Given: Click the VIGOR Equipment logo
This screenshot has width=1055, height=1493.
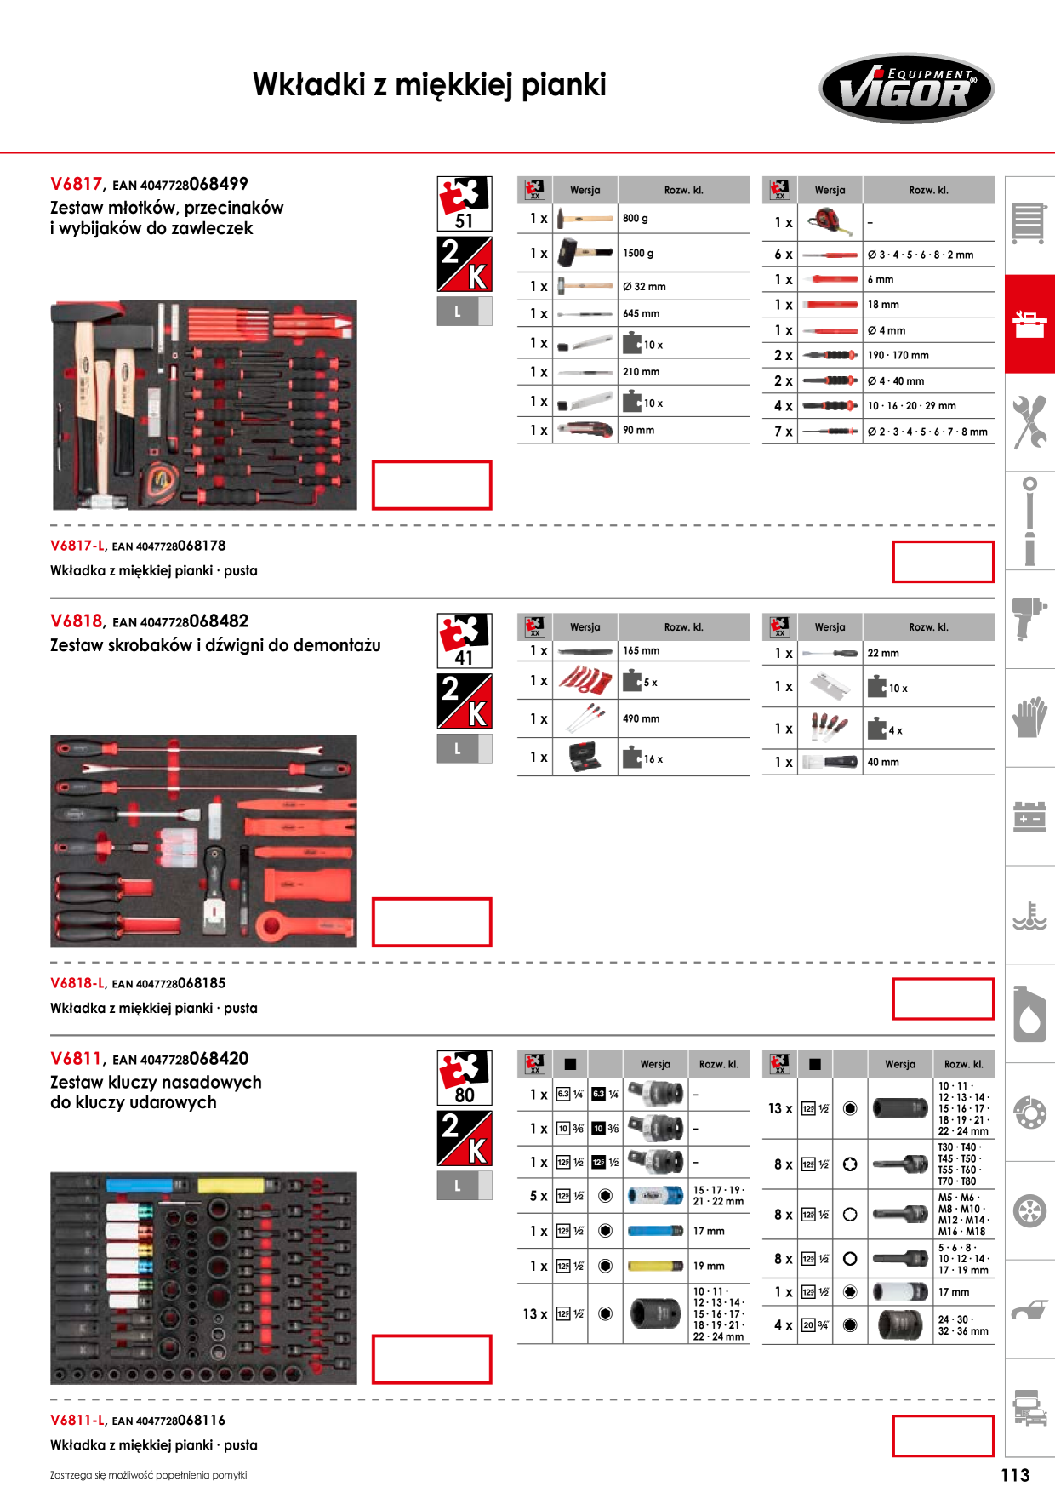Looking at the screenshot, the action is pyautogui.click(x=906, y=89).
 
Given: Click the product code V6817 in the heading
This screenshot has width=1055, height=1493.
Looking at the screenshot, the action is pyautogui.click(x=76, y=184).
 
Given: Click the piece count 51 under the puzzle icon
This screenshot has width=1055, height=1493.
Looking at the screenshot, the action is pyautogui.click(x=464, y=221).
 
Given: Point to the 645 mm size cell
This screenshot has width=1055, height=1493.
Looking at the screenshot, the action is pyautogui.click(x=641, y=313).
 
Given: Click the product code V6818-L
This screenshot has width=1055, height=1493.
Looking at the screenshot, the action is pyautogui.click(x=77, y=983).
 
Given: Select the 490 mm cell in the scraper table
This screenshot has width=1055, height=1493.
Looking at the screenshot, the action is pyautogui.click(x=641, y=718).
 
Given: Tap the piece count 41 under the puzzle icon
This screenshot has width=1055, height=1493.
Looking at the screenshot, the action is pyautogui.click(x=464, y=658).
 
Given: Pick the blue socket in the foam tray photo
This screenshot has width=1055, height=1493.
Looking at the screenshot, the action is pyautogui.click(x=140, y=1185).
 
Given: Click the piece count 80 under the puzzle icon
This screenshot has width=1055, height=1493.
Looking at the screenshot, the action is pyautogui.click(x=464, y=1095).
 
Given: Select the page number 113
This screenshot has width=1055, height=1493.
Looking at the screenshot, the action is pyautogui.click(x=1015, y=1475).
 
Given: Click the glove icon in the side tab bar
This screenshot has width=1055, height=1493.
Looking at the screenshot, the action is pyautogui.click(x=1029, y=717).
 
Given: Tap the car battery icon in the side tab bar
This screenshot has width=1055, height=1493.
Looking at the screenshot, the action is pyautogui.click(x=1029, y=816).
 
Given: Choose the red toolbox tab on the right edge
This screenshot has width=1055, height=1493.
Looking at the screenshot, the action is pyautogui.click(x=1029, y=323).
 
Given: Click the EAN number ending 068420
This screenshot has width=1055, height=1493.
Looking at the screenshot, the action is pyautogui.click(x=180, y=1059).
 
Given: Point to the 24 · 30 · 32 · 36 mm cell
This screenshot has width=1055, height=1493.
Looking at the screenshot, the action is pyautogui.click(x=963, y=1325).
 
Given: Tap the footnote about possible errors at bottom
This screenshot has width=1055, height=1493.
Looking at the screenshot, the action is pyautogui.click(x=148, y=1475).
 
